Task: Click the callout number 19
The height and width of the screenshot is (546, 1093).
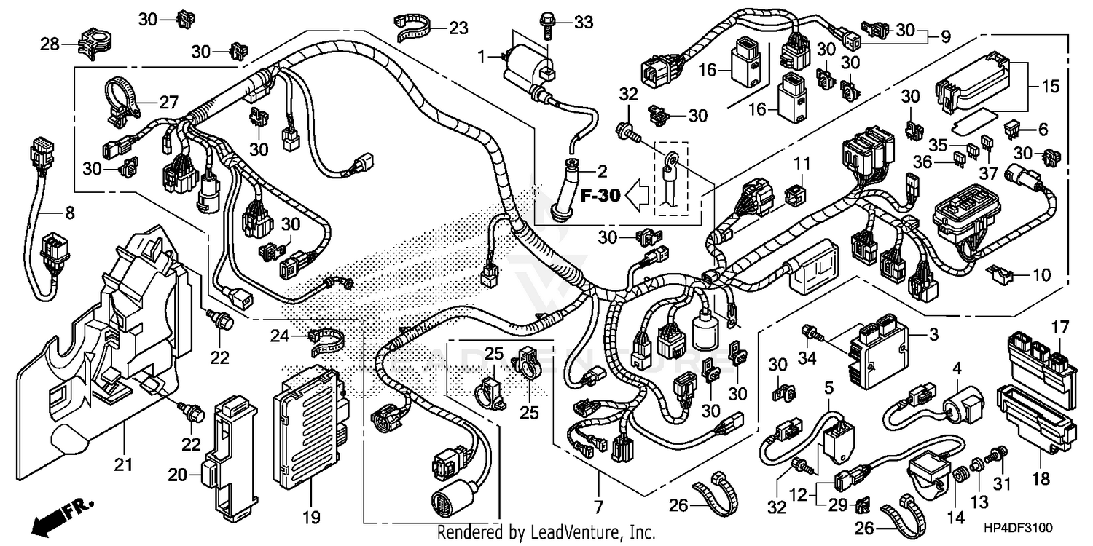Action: pyautogui.click(x=311, y=518)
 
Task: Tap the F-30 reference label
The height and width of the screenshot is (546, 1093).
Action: pyautogui.click(x=600, y=195)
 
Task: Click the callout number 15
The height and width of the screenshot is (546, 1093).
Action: pyautogui.click(x=1050, y=87)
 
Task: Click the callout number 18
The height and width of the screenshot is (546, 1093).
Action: pyautogui.click(x=1041, y=478)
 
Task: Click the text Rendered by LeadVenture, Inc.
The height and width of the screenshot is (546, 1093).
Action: pyautogui.click(x=546, y=533)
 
